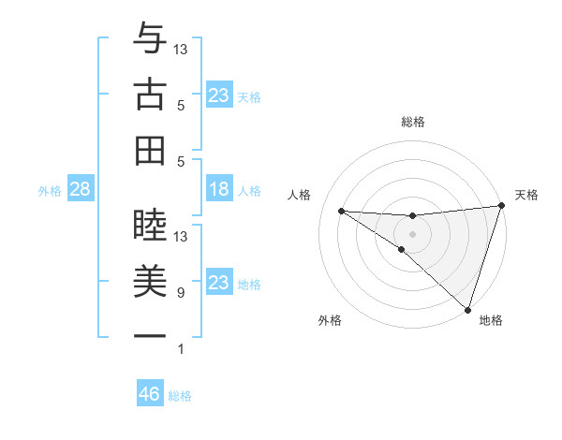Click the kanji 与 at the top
150,40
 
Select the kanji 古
150,95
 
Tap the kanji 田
150,150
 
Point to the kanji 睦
150,221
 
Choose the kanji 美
150,280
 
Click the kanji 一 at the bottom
150,335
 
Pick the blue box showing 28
81,190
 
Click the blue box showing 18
218,190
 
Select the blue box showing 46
149,394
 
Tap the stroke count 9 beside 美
180,293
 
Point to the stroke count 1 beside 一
180,349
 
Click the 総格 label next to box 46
180,396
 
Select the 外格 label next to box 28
50,191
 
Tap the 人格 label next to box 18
249,191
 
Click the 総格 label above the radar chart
412,122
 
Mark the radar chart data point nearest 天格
501,207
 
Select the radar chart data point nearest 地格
467,309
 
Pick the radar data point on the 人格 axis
341,211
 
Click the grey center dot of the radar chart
412,232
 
